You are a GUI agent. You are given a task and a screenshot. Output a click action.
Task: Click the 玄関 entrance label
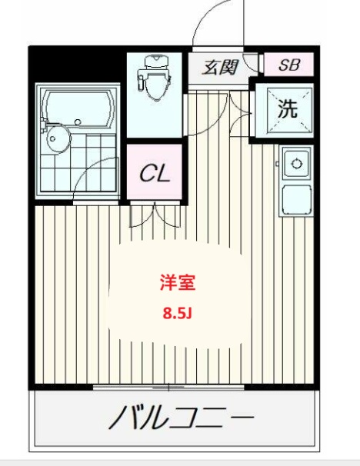[x=219, y=67]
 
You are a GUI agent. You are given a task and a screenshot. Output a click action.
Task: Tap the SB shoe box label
[x=288, y=65]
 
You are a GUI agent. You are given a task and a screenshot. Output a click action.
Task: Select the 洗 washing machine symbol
[x=287, y=109]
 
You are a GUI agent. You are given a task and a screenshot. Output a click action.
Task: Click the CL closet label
[x=154, y=173]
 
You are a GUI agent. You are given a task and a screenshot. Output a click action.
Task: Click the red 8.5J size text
[x=178, y=313]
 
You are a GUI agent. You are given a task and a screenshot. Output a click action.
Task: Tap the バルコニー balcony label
[x=181, y=419]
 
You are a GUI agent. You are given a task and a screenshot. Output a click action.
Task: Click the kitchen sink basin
[x=295, y=164]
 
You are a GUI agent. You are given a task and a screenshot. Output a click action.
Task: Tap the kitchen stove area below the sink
[x=295, y=200]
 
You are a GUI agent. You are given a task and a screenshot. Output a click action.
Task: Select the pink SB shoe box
[x=288, y=65]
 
